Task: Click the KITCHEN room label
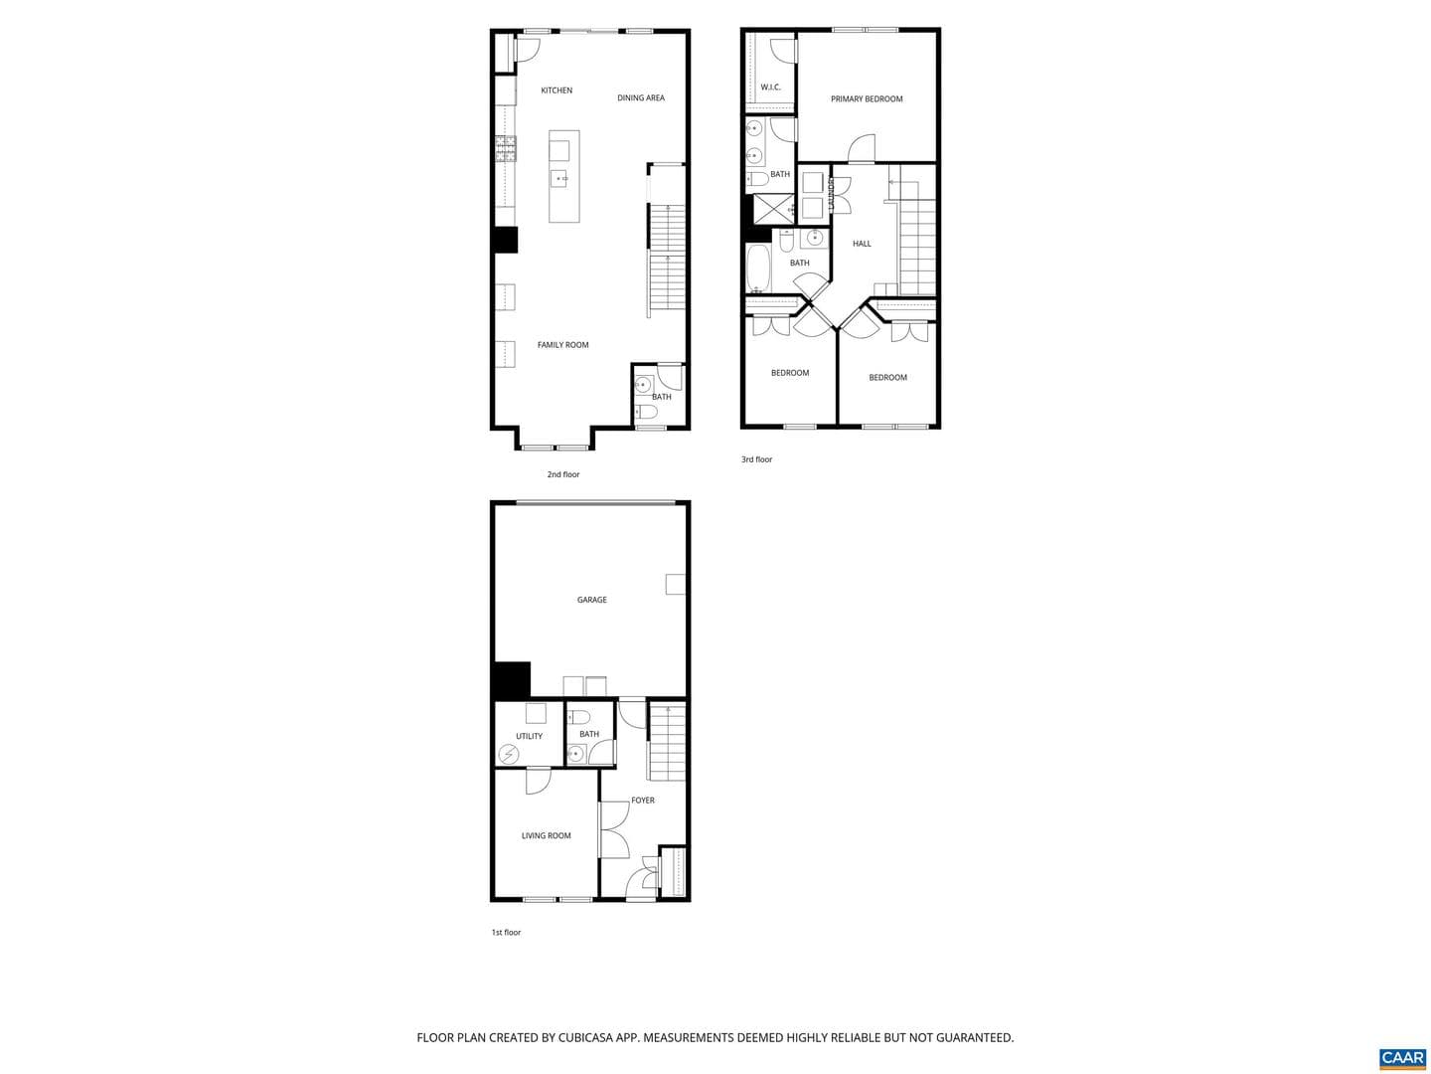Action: click(x=556, y=90)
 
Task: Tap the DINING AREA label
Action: click(x=640, y=97)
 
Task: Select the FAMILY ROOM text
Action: click(x=562, y=345)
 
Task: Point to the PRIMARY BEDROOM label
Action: click(x=866, y=99)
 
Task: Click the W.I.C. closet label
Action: click(x=770, y=88)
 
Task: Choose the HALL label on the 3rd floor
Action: click(x=862, y=244)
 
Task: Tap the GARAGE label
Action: click(x=591, y=600)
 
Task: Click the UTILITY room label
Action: click(x=529, y=736)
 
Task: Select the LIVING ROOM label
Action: click(x=546, y=835)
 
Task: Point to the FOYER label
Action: click(x=642, y=801)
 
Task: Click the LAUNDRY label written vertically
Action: click(x=831, y=193)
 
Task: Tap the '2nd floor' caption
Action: click(x=562, y=474)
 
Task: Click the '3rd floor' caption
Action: click(x=756, y=459)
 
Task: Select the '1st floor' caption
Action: click(x=506, y=933)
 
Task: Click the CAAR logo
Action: click(x=1402, y=1057)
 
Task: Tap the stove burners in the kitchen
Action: click(x=505, y=149)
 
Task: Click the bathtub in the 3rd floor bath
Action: click(x=758, y=268)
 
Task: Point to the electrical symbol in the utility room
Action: click(x=508, y=755)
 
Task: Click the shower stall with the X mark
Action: click(x=771, y=209)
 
